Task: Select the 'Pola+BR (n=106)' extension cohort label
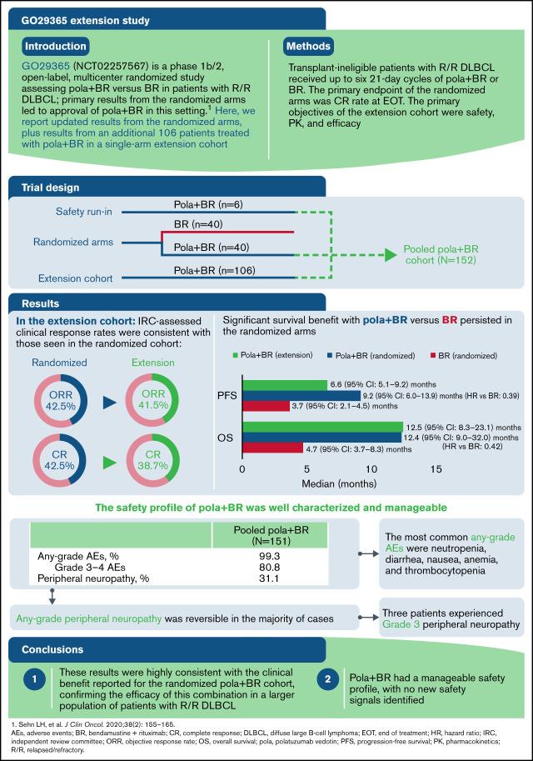click(199, 269)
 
